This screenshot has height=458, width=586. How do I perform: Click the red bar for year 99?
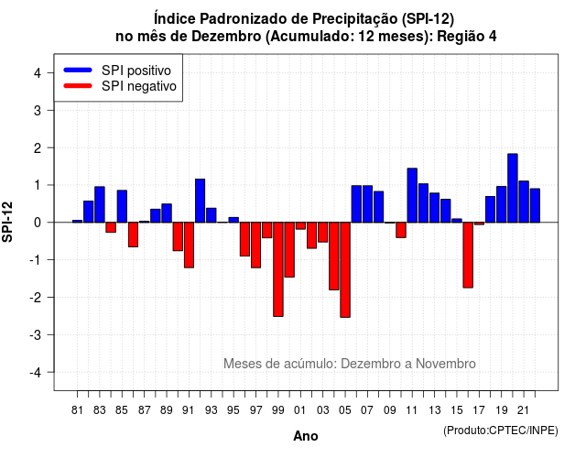278,269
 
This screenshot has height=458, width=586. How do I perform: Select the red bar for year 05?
345,270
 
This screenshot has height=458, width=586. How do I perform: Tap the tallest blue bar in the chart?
513,188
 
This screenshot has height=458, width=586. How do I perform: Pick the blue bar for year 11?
412,195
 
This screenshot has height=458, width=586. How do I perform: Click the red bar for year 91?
189,245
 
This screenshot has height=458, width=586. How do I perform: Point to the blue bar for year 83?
100,204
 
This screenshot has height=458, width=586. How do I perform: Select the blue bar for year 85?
122,206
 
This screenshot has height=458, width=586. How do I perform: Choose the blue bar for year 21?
524,202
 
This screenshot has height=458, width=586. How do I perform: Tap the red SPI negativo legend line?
78,86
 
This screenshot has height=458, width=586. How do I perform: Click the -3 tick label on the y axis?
35,334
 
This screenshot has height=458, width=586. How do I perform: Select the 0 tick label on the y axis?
38,223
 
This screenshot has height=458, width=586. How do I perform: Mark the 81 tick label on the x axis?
77,410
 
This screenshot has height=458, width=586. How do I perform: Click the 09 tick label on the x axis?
389,410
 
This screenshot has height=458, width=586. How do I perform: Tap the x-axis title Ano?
306,436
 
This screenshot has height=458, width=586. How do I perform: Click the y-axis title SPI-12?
7,222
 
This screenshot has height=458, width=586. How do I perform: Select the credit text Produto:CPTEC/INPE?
501,431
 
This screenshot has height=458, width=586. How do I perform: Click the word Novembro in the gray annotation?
446,364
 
